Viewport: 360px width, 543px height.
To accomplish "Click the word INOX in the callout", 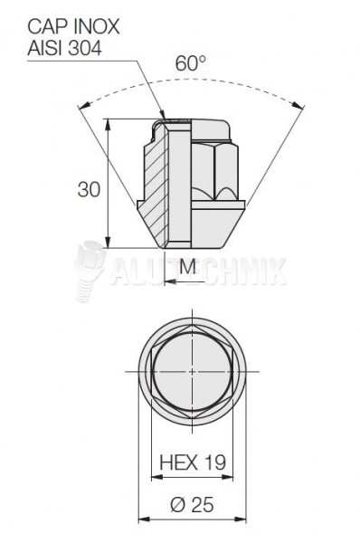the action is [98, 27].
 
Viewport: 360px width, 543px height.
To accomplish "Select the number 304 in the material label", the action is [84, 48].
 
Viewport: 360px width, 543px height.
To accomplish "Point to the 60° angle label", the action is [190, 63].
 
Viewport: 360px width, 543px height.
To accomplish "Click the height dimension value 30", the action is [89, 189].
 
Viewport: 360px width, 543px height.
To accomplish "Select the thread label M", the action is [187, 267].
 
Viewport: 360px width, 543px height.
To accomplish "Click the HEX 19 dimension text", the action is [193, 462].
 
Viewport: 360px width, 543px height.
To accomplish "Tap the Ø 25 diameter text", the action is [192, 505].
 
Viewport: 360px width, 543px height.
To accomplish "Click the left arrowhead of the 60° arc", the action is [84, 106].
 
